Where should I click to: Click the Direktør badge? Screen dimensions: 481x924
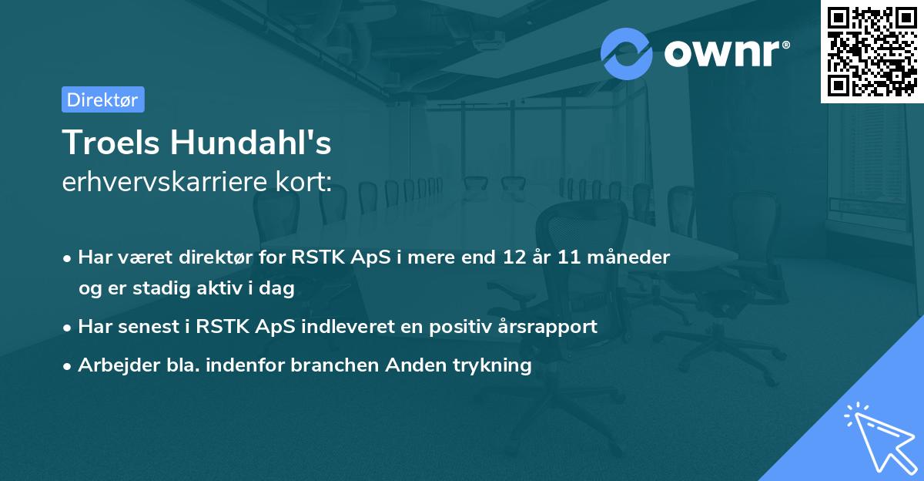point(102,99)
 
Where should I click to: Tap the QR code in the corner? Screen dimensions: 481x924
point(872,51)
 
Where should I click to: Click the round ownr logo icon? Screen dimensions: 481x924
point(627,53)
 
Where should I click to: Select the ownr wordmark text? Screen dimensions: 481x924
point(724,54)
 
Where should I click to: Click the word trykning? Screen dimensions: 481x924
point(494,365)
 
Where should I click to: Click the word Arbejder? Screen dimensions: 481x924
point(115,365)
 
